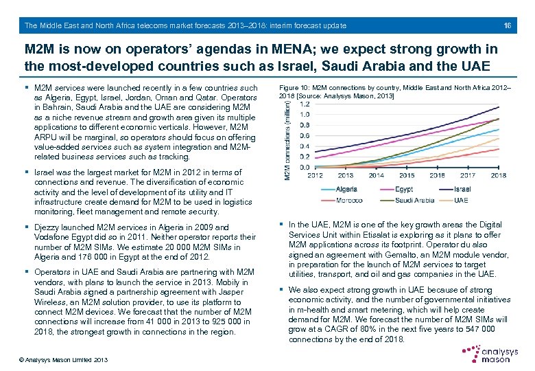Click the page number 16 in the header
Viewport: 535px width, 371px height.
[508, 25]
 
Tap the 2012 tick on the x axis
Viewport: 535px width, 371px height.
[315, 175]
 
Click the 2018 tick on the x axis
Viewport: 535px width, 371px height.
[499, 175]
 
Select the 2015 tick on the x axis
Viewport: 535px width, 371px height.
[407, 175]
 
